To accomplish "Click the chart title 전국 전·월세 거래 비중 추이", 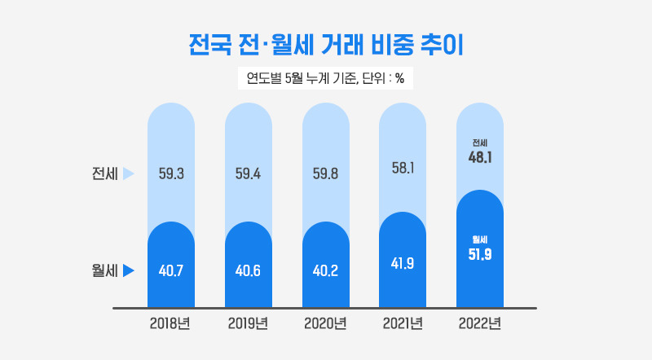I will [x=325, y=45].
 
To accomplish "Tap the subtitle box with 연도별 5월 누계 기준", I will [x=326, y=79].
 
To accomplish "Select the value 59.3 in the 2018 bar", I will [x=170, y=173].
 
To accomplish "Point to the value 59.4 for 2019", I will [x=248, y=173].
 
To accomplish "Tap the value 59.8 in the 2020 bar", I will [x=325, y=173].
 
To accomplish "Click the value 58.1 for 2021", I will [x=403, y=169].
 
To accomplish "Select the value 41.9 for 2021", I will [x=403, y=264].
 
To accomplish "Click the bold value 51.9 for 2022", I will [x=480, y=255].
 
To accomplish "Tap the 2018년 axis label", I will [x=170, y=323].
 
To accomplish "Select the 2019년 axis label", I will [x=248, y=323].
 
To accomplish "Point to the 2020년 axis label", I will [x=325, y=323].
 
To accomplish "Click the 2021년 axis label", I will [x=403, y=323].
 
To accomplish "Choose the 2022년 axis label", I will [x=480, y=323].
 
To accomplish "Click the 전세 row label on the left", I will [x=105, y=173].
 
